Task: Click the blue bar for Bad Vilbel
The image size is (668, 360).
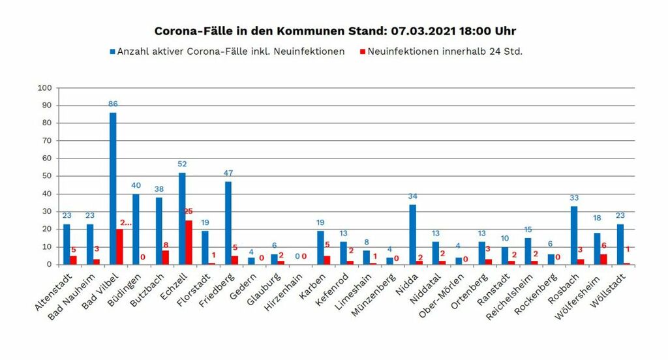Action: pos(113,188)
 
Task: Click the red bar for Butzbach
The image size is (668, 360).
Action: pos(166,258)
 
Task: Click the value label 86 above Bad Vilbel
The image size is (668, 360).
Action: pos(113,104)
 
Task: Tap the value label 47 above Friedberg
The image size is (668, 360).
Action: pos(228,173)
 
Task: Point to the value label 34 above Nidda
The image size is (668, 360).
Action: pos(412,196)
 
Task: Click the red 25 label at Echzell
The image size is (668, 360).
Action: pos(189,211)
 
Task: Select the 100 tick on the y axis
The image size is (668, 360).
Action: pos(45,87)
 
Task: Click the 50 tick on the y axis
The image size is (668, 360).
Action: pos(48,176)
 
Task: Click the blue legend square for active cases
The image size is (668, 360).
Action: pos(112,52)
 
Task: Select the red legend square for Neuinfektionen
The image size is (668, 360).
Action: pos(363,52)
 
